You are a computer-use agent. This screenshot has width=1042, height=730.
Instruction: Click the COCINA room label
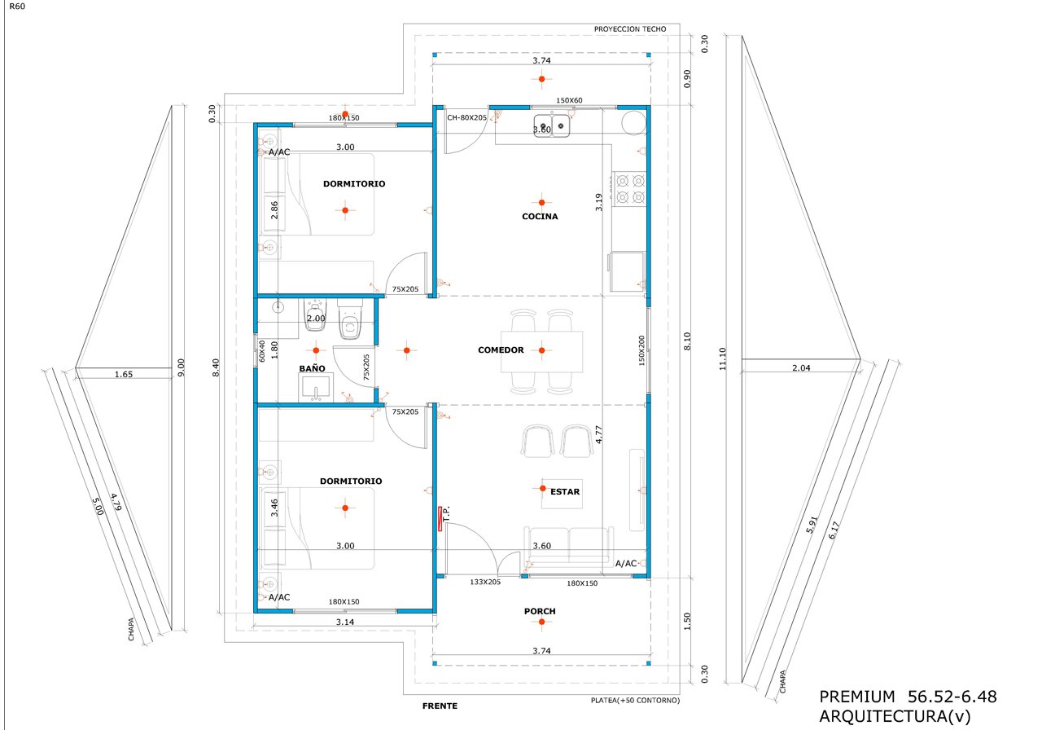(540, 217)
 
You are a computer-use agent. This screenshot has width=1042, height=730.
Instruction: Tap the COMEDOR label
(501, 350)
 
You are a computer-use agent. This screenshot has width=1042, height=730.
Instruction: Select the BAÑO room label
(312, 369)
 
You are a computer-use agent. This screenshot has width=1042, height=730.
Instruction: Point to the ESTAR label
(565, 491)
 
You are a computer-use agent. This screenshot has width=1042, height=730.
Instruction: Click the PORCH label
(540, 611)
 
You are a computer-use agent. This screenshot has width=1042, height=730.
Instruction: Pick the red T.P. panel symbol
(440, 519)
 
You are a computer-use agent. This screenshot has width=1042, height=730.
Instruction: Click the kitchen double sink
(552, 125)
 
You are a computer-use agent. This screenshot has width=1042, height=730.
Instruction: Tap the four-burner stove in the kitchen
(630, 188)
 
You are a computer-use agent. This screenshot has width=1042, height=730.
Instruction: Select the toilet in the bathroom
(349, 319)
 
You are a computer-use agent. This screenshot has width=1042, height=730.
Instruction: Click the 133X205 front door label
(485, 582)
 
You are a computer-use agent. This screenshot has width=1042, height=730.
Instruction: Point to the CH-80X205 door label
(466, 118)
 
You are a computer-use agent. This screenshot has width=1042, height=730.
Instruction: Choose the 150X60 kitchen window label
(569, 100)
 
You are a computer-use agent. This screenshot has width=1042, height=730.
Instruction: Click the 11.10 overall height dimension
(722, 359)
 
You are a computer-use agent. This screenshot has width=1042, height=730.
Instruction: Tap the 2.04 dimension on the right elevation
(801, 367)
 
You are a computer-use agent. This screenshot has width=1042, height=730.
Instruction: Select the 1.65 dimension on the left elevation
(124, 374)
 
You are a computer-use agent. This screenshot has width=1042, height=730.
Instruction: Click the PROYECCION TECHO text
(630, 29)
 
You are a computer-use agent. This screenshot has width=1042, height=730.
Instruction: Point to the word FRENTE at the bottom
(440, 706)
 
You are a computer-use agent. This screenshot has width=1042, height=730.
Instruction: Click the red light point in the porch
(541, 622)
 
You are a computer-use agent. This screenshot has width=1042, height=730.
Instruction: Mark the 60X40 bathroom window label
(261, 351)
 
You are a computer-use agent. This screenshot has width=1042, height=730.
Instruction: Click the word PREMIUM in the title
(857, 697)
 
